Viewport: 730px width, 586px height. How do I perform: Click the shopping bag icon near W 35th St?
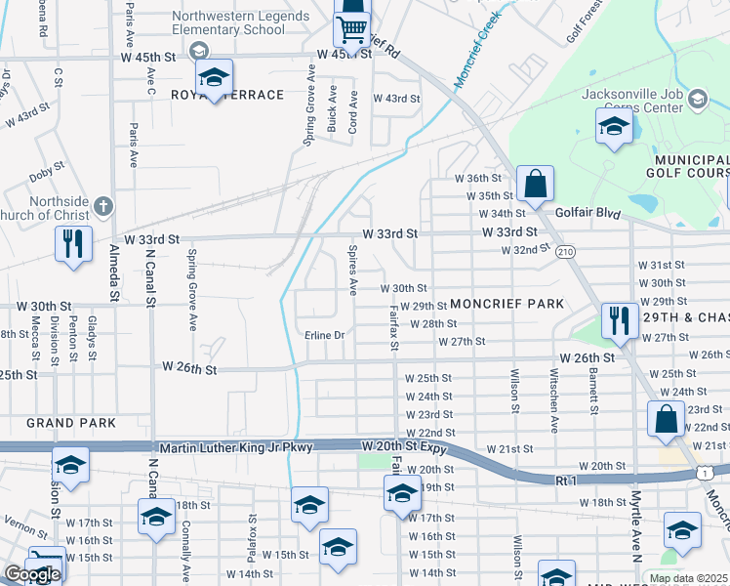[535, 183]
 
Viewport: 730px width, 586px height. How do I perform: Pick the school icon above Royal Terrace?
[214, 76]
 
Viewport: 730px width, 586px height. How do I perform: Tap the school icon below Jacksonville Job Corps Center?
[614, 126]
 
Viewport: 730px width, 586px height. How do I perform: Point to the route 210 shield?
[564, 252]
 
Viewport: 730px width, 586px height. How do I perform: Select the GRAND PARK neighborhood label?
[71, 423]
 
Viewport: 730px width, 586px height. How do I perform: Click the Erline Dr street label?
[325, 335]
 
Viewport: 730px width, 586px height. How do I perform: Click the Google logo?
[32, 574]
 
